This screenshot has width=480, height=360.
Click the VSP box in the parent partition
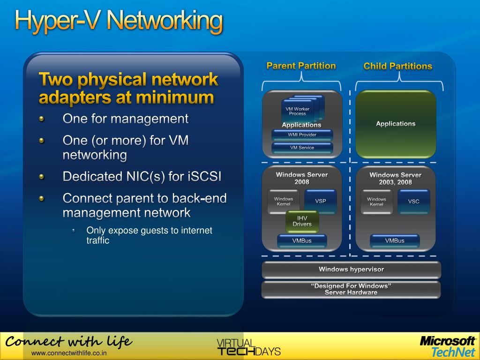pos(321,201)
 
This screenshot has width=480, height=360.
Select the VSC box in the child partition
pos(413,201)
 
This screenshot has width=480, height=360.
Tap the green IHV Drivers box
pos(302,221)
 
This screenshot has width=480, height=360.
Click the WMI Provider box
pos(302,135)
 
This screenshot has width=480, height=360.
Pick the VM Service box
pos(302,148)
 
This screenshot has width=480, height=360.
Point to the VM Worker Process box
pos(298,112)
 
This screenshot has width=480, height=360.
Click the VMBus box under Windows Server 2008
pos(302,241)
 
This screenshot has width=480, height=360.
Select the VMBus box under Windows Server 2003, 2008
pos(395,241)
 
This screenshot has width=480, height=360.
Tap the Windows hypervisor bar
pos(351,270)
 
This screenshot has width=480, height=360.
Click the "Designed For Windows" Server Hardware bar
pos(351,289)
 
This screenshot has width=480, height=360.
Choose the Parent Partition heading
pos(301,66)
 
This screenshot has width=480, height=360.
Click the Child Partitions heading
pos(397,66)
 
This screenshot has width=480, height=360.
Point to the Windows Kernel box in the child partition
pos(376,202)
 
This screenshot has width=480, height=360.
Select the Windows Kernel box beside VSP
pos(284,202)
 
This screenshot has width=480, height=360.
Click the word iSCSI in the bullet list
pos(204,177)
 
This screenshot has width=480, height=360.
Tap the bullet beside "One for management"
pos(42,119)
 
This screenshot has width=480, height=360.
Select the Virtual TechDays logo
pos(248,347)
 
